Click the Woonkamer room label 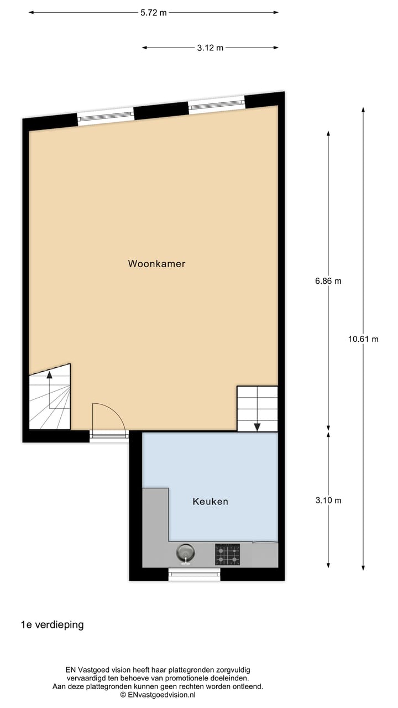pyautogui.click(x=156, y=264)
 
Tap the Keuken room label pyautogui.click(x=210, y=502)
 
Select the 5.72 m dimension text pyautogui.click(x=153, y=13)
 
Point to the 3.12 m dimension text pyautogui.click(x=210, y=48)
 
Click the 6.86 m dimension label pyautogui.click(x=328, y=280)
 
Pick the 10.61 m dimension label pyautogui.click(x=363, y=339)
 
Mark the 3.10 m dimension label pyautogui.click(x=328, y=500)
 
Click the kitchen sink pyautogui.click(x=185, y=553)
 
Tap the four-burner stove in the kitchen pyautogui.click(x=227, y=554)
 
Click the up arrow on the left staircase pyautogui.click(x=49, y=375)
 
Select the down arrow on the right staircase pyautogui.click(x=257, y=426)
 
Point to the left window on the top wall pyautogui.click(x=105, y=116)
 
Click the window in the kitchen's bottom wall pyautogui.click(x=194, y=574)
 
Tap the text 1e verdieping pyautogui.click(x=52, y=624)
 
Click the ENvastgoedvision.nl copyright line pyautogui.click(x=158, y=695)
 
